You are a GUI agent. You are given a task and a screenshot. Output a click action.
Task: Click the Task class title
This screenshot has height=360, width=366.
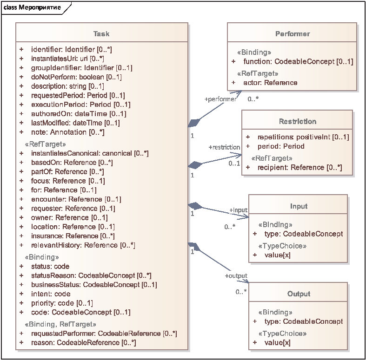coord(101,34)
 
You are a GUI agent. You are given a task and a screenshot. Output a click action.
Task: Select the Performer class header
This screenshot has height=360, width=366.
coord(293,34)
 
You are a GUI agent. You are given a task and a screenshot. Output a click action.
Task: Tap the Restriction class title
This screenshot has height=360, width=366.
coord(298,121)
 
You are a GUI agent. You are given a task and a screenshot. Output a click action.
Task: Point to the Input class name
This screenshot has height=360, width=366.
coord(299,206)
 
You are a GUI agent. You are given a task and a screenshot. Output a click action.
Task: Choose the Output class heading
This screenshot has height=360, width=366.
coord(299,294)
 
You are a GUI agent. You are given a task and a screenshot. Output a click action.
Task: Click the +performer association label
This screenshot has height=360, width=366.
coord(220,99)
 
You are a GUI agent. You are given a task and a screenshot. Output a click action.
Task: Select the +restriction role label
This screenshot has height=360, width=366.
coord(224,147)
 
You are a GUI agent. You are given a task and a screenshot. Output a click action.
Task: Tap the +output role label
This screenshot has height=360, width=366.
coord(236,276)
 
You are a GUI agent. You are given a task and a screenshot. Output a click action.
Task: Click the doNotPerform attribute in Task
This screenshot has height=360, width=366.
coord(76,77)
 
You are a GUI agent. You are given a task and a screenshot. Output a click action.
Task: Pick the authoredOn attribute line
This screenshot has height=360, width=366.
coord(79,114)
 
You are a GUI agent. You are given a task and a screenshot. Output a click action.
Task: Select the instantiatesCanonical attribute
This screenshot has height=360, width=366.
coord(90,153)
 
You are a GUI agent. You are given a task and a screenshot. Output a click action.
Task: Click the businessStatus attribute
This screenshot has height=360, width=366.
coord(94,285)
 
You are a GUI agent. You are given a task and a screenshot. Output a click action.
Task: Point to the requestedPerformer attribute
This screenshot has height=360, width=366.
coord(104,334)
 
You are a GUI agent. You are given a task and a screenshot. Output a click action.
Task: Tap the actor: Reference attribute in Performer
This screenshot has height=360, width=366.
coord(270,83)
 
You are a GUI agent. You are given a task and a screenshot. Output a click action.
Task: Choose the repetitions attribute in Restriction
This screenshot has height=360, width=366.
coord(303,137)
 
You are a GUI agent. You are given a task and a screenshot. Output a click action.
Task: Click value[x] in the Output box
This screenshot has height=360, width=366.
coord(278,342)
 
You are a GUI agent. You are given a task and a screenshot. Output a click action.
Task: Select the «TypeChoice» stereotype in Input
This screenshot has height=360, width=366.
coord(282,246)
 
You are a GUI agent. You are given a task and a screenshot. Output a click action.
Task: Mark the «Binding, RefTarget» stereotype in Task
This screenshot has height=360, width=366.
coord(60,324)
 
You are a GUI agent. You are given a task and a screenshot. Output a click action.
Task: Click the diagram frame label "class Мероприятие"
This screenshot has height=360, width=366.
coord(32,7)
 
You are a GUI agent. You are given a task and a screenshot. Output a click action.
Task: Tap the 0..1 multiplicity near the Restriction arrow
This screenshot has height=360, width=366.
coord(234,163)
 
